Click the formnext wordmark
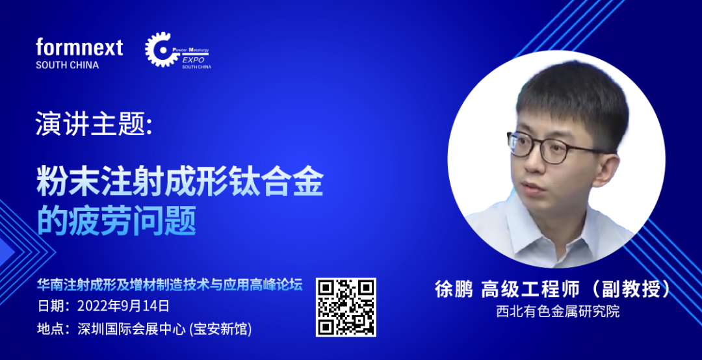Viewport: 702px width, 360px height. pos(79,47)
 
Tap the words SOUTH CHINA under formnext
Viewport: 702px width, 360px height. pos(67,65)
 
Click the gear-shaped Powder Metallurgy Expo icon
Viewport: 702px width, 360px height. pos(159,49)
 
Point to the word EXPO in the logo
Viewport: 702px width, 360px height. pos(194,60)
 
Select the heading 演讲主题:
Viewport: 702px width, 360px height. pos(94,125)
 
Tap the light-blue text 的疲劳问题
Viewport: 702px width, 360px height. pos(116,220)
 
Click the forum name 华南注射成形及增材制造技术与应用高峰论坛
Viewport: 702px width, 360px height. pos(170,285)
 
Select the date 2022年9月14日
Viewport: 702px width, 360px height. pos(123,306)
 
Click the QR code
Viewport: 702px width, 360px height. pos(346,307)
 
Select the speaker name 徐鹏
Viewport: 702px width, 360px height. pos(454,289)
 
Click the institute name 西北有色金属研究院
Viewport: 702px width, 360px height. pos(558,311)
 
